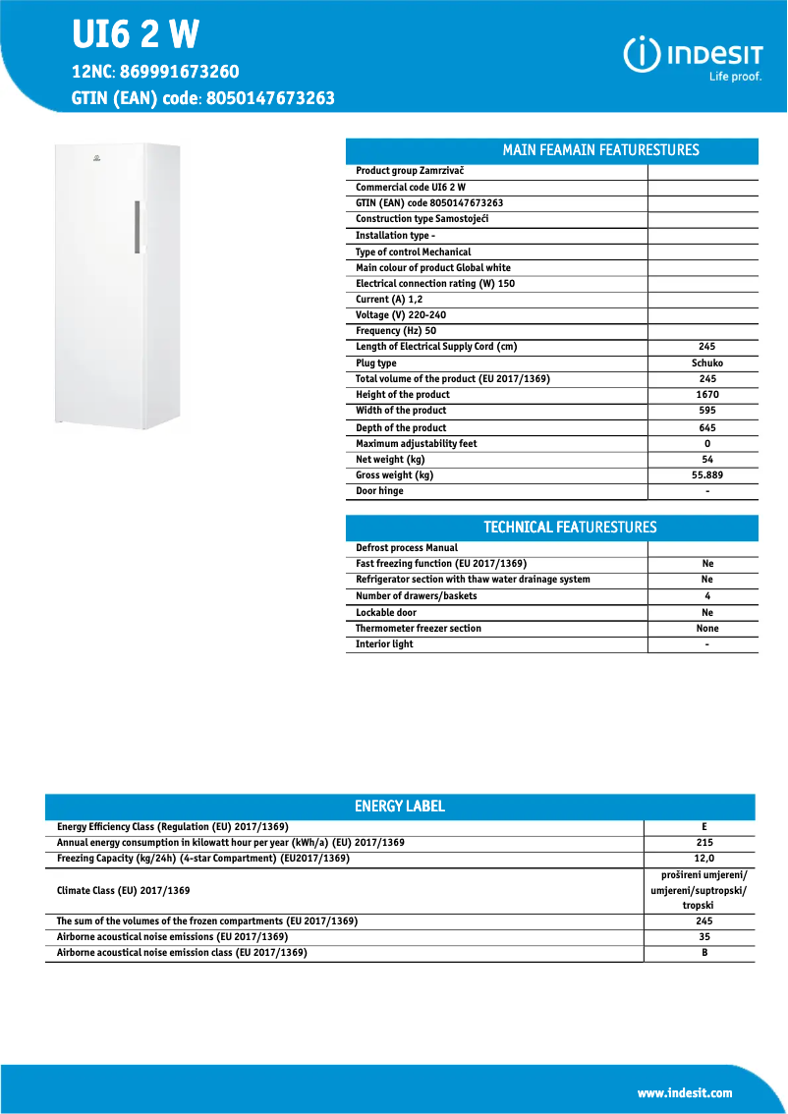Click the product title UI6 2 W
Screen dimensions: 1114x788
pos(136,35)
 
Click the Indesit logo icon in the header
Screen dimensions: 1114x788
pos(642,53)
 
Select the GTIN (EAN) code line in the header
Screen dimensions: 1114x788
pos(203,98)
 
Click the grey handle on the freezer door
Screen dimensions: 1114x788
pos(137,227)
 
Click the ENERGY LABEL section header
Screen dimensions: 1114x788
pos(399,807)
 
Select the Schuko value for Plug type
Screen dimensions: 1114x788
pos(706,363)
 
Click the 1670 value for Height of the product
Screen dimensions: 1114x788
pos(706,395)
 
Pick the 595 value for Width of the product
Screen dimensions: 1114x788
pos(706,411)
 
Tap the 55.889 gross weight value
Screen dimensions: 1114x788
pos(706,475)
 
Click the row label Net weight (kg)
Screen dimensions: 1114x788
pos(390,460)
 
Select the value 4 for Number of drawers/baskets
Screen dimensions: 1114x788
pos(706,596)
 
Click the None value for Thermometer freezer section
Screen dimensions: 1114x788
pos(706,629)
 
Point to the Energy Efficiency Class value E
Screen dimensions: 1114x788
pos(704,827)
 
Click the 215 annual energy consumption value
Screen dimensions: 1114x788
pos(704,843)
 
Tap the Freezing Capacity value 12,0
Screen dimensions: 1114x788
pos(704,859)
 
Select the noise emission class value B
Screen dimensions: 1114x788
pos(704,953)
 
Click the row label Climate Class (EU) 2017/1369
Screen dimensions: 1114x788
pos(124,890)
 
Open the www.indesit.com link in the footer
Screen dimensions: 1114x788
pos(684,1093)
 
